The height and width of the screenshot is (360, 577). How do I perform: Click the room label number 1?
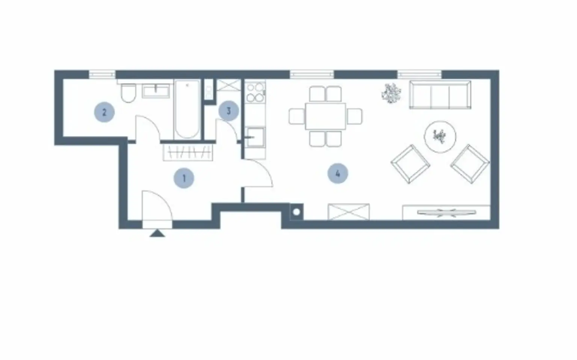[184, 178]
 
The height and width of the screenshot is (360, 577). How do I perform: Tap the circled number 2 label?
[104, 112]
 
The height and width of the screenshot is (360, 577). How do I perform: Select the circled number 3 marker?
[229, 111]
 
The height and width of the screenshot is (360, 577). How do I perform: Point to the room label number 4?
[338, 173]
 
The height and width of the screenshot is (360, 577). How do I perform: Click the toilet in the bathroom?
[128, 93]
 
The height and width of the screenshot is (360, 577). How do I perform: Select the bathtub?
[187, 109]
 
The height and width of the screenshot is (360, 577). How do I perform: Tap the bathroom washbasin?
[156, 91]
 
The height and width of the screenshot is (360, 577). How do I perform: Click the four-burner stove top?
[255, 92]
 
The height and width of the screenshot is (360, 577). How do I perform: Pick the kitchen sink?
[255, 137]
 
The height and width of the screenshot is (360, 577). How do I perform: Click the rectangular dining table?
[326, 116]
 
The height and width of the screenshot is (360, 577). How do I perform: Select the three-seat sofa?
[440, 95]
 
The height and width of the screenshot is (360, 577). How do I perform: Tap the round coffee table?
[440, 137]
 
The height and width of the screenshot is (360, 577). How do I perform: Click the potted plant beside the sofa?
[391, 93]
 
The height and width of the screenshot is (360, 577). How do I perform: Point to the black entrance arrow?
[157, 233]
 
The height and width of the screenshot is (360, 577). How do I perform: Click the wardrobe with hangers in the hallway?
[188, 153]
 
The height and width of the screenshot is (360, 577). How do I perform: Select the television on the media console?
[446, 213]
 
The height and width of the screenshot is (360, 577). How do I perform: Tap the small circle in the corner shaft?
[296, 212]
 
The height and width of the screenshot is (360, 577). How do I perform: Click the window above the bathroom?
[102, 74]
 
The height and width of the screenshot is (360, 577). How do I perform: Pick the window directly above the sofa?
[419, 74]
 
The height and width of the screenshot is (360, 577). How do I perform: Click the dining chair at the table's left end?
[297, 116]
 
